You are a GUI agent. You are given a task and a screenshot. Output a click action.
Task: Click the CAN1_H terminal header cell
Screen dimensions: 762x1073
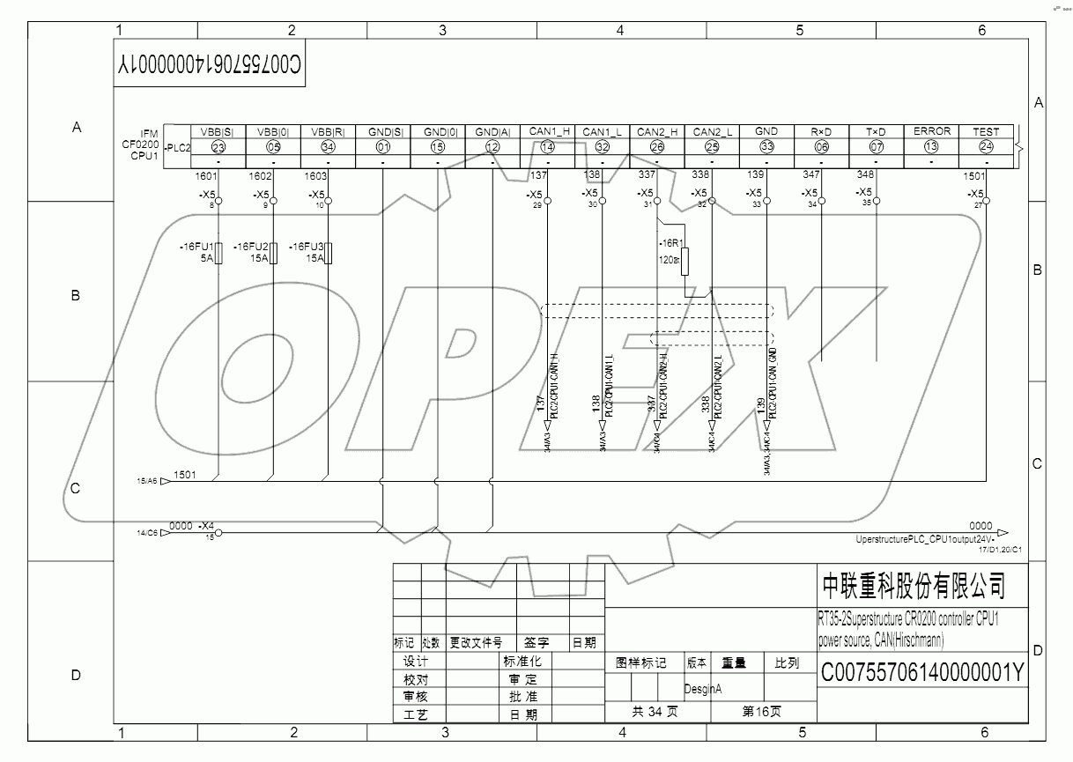(x=548, y=131)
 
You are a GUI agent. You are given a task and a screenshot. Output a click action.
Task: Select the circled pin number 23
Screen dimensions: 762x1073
(x=218, y=147)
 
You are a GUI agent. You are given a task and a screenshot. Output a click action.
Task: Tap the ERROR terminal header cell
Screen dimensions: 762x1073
(x=931, y=131)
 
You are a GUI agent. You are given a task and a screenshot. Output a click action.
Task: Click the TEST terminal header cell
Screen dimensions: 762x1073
(x=986, y=131)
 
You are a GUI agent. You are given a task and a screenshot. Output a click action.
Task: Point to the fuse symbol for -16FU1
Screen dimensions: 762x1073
(x=218, y=255)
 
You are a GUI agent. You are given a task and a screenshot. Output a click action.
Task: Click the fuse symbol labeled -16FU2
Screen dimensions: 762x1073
(x=274, y=255)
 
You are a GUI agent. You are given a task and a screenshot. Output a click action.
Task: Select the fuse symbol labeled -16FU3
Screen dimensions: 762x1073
(x=329, y=255)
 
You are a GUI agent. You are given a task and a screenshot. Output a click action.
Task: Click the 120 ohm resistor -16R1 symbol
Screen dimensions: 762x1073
(x=684, y=263)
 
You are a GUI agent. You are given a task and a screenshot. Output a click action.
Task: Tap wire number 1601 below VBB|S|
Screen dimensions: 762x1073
(x=206, y=176)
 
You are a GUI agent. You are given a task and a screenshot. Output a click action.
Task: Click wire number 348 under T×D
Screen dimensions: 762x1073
(x=865, y=175)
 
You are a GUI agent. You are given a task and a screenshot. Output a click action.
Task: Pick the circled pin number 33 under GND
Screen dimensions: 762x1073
(x=766, y=147)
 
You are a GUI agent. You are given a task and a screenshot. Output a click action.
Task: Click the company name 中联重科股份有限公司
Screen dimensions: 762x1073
(x=913, y=585)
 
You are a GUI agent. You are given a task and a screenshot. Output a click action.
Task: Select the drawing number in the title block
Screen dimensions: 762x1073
(x=922, y=673)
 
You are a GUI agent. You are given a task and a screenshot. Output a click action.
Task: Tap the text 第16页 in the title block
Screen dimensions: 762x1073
(x=761, y=711)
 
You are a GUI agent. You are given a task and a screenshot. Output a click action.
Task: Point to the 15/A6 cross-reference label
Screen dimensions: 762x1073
(x=146, y=481)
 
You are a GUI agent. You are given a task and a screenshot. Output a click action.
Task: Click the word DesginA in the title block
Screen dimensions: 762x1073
(x=703, y=689)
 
